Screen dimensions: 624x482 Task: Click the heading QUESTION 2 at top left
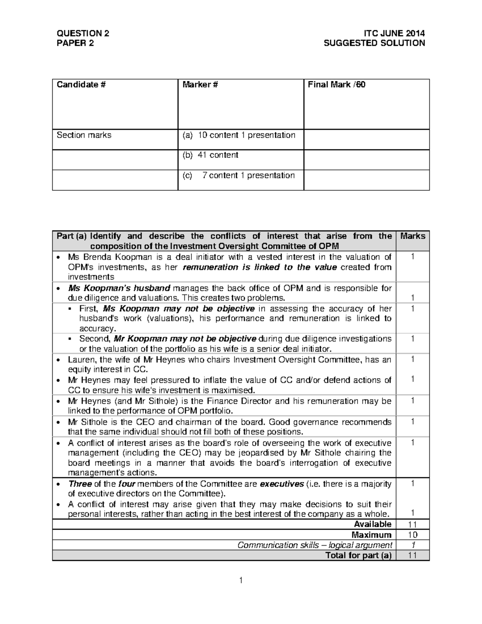tap(82, 33)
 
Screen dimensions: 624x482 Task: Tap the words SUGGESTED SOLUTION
tap(374, 43)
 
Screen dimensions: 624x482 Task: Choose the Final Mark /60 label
tap(336, 85)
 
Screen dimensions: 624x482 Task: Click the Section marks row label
tap(84, 135)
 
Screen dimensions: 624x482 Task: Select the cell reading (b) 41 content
tap(210, 155)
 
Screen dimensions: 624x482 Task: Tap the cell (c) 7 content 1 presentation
tap(239, 176)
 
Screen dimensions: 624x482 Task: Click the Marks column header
tap(413, 236)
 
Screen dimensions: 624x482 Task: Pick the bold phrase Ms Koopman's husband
tap(119, 288)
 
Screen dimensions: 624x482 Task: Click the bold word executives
tap(282, 484)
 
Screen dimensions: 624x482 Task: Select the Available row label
tap(372, 524)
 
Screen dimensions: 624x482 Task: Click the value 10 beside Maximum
tap(413, 535)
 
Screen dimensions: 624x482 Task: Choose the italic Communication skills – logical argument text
tap(315, 545)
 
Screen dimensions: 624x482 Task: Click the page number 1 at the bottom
tap(241, 580)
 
